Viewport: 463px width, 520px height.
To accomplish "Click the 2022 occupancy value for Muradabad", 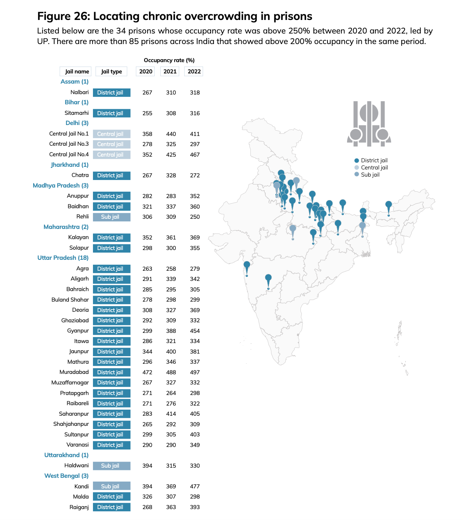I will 195,372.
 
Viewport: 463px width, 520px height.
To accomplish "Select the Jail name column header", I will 76,72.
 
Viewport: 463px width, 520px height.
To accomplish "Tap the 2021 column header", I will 170,72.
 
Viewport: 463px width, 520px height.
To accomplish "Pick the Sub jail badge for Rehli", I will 111,217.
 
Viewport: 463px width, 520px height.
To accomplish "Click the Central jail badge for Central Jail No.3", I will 111,144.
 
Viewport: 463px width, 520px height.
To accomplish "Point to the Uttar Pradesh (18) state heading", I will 63,258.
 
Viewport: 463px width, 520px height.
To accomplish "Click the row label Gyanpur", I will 78,331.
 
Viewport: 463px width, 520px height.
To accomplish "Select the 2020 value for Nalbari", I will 147,93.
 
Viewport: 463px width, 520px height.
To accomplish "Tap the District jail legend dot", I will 357,160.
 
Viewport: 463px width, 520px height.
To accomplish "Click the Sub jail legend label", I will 370,175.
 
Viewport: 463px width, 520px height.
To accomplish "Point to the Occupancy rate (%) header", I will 169,60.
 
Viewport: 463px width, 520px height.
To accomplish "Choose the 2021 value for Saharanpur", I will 171,414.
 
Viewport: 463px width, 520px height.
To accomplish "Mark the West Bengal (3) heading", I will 66,476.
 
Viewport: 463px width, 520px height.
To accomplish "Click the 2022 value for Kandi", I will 195,486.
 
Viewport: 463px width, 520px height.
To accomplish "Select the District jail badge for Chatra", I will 111,175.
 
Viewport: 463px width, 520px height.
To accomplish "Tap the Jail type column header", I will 111,72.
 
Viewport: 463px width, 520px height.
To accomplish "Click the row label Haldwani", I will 76,465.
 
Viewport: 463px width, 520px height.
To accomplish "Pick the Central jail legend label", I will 374,168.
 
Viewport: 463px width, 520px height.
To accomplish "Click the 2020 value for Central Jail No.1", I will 147,134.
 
